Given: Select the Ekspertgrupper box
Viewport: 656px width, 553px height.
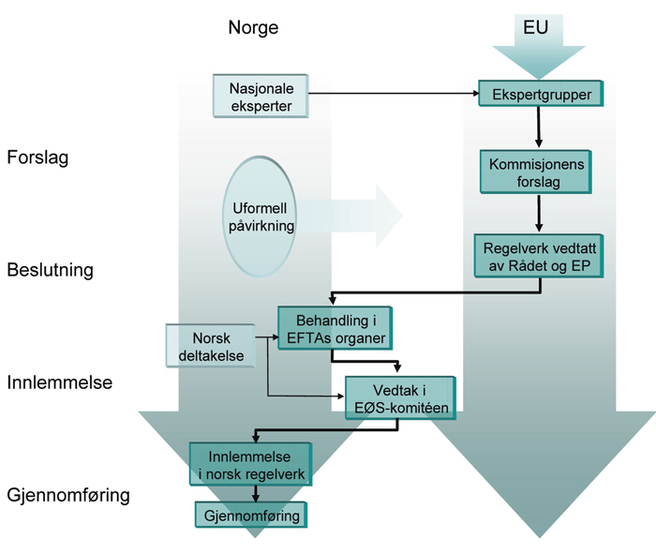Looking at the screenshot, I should [540, 94].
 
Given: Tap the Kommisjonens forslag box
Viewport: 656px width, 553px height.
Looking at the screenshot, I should [536, 172].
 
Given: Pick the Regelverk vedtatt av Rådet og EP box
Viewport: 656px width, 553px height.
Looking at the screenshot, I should [536, 255].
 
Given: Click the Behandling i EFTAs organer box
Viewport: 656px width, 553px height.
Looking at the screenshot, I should [333, 328].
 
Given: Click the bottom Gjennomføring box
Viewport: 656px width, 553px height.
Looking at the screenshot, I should [252, 515].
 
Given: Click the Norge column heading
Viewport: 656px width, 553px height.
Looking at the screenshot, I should [253, 28].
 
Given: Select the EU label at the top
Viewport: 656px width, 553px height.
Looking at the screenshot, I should [536, 28].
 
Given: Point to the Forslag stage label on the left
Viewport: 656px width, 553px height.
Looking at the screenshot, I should [37, 157].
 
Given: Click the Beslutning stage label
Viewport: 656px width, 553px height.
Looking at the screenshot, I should [50, 271].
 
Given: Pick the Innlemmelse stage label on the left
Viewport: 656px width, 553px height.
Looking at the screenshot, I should [59, 382].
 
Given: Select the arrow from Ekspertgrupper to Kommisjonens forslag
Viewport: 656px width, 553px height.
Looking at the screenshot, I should [538, 127].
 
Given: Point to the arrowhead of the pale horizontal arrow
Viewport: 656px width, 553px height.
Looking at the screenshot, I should [388, 217].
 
